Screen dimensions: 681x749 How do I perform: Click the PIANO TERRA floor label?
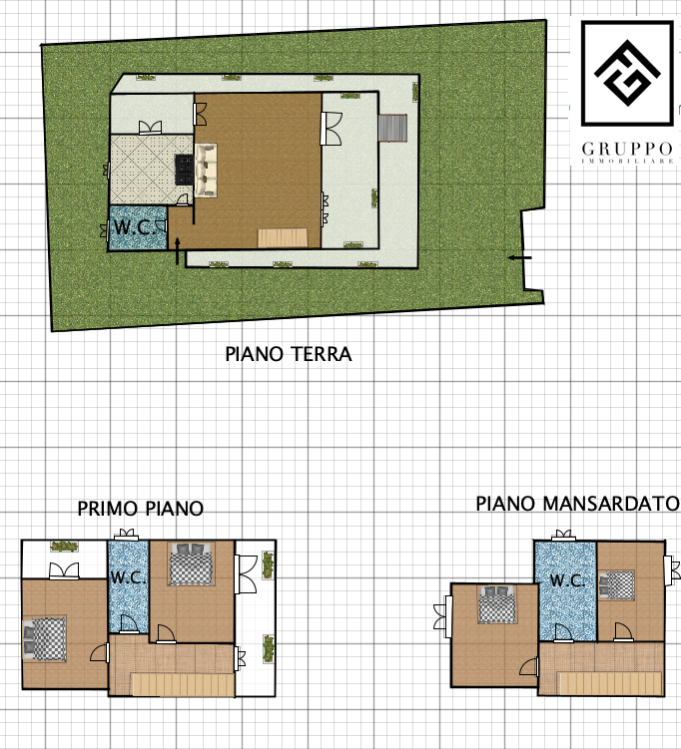[x=289, y=354]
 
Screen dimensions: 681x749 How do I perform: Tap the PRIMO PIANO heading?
[x=141, y=509]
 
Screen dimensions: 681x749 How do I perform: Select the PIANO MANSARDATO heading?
[x=577, y=504]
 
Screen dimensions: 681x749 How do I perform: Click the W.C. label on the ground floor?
[x=135, y=227]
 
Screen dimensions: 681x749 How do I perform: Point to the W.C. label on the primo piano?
[x=128, y=577]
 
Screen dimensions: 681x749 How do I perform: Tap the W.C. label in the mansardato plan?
[x=567, y=580]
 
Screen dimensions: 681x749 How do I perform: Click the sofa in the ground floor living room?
[x=206, y=171]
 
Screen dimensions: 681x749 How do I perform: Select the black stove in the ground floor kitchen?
[x=184, y=170]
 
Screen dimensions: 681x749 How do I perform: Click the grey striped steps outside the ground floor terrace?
[x=392, y=128]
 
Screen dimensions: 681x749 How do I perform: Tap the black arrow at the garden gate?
[x=519, y=258]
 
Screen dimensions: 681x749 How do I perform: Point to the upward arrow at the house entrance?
[x=178, y=250]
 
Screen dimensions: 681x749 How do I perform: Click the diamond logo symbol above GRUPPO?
[x=627, y=73]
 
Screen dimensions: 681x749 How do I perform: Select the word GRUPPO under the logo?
[x=627, y=149]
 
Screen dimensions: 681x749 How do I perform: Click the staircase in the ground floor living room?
[x=283, y=238]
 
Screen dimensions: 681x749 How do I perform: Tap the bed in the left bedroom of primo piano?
[x=44, y=637]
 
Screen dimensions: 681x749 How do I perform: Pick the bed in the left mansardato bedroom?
[x=497, y=604]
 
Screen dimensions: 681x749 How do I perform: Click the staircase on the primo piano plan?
[x=183, y=684]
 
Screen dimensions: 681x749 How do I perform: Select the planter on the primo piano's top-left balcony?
[x=65, y=546]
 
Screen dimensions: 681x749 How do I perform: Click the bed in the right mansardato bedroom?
[x=616, y=584]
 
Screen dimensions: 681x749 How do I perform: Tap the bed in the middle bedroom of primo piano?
[x=191, y=563]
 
